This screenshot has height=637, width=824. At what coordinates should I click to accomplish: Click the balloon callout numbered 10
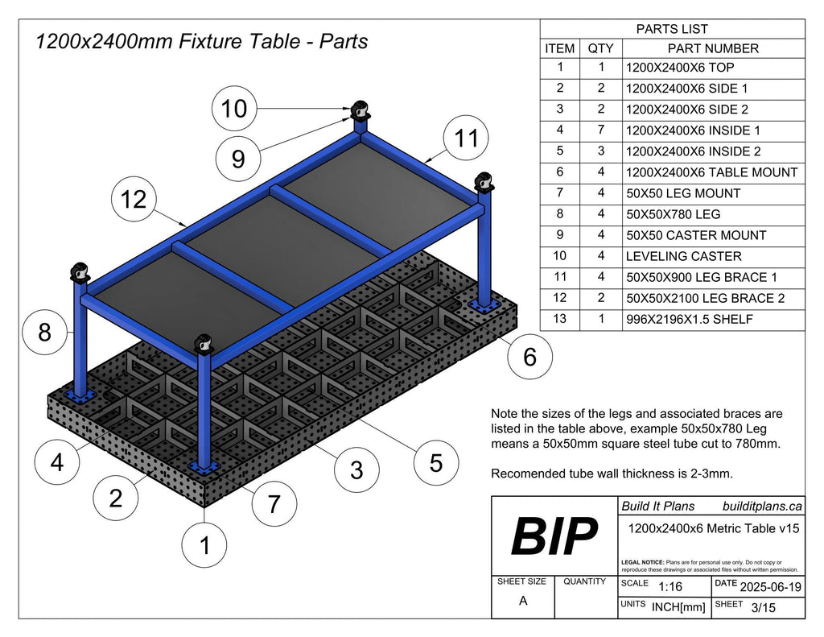(x=234, y=108)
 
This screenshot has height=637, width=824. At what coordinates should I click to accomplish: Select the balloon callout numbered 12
(x=134, y=198)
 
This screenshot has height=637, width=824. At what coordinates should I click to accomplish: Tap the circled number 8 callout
(x=44, y=332)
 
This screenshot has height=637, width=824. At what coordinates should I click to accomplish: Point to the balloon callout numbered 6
(x=529, y=356)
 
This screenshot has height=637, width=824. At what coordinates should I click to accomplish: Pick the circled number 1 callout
(x=204, y=546)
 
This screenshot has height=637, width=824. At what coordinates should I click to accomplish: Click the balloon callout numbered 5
(x=435, y=463)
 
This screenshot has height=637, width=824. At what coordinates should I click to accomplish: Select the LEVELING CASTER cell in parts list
(x=683, y=256)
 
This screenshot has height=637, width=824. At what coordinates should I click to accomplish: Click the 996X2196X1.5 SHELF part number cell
(x=690, y=319)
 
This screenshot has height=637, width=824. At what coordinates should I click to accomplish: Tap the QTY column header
(x=600, y=48)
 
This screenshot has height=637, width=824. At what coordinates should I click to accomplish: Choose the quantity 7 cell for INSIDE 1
(x=600, y=130)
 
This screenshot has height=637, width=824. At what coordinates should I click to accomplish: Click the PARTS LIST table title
(x=672, y=29)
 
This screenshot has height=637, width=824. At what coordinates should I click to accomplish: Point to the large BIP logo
(x=554, y=537)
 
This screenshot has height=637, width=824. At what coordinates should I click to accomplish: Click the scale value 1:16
(x=670, y=587)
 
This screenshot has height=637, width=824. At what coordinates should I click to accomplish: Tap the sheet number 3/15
(x=763, y=608)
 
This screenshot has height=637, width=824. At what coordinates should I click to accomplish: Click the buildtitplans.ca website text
(x=762, y=506)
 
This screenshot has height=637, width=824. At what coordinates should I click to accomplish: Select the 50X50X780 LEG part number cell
(x=673, y=214)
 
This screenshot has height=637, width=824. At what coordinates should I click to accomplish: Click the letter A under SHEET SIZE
(x=523, y=601)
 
